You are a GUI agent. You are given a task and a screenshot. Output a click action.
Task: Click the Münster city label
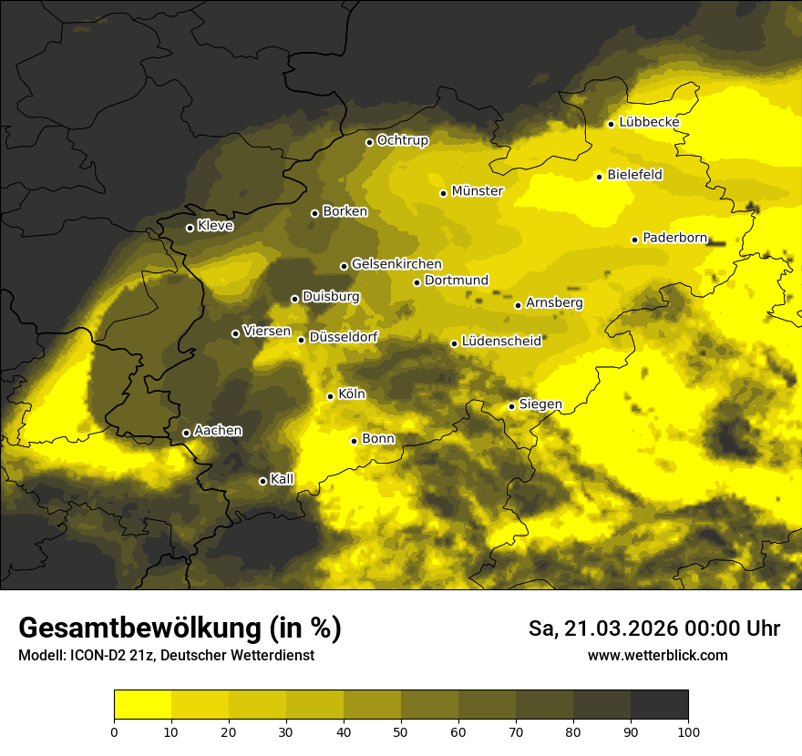coord(477,191)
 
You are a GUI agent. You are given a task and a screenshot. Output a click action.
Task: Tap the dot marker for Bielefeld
coord(599,177)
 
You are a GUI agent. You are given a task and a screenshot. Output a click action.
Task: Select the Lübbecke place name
coord(649,122)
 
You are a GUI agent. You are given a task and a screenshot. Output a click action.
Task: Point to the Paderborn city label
coord(674,238)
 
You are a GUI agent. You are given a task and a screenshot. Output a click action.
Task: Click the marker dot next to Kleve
coord(190,228)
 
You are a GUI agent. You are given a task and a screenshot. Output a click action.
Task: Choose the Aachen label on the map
coord(218,431)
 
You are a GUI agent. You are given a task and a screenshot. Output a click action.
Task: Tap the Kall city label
coord(283,479)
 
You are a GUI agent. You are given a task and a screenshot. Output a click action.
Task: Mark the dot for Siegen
coord(511,406)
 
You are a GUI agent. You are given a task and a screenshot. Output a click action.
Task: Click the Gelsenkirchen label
coord(396,264)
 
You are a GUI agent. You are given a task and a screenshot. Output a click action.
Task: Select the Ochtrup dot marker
coord(369,142)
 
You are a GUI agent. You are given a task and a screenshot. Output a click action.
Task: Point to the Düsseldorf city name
coord(344,337)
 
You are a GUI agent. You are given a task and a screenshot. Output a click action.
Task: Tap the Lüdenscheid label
coord(501,342)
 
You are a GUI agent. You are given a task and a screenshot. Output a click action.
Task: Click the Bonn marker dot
coord(354,441)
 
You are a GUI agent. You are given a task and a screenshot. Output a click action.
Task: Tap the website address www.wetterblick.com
coord(657,655)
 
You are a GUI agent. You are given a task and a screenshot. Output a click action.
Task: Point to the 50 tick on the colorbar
coord(401,730)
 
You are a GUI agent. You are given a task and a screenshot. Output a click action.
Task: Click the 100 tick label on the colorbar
coord(688,730)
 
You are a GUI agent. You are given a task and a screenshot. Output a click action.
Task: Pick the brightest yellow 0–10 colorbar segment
coord(142,704)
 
